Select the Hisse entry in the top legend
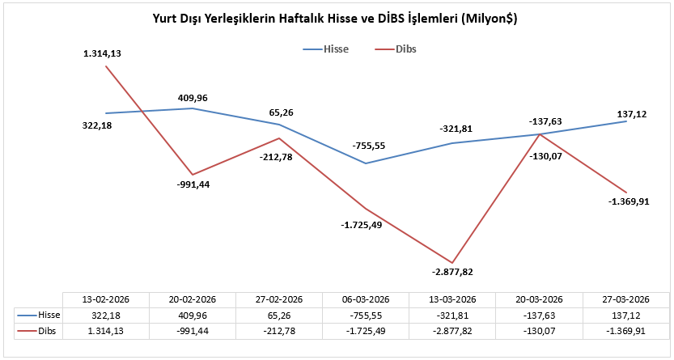click(x=335, y=49)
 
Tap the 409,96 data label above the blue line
click(x=193, y=98)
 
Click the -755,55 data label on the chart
click(x=369, y=146)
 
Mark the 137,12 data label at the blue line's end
click(x=630, y=114)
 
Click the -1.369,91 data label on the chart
click(x=629, y=201)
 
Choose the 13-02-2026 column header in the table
click(x=105, y=299)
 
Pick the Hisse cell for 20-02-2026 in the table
click(x=193, y=314)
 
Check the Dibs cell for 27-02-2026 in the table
click(x=279, y=331)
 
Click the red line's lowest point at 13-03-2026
click(x=453, y=260)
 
